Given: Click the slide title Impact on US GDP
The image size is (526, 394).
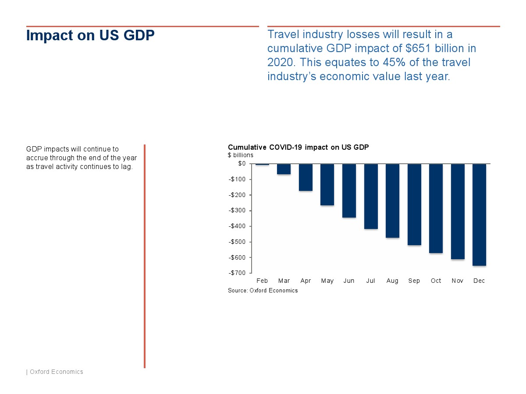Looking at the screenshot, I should [90, 35].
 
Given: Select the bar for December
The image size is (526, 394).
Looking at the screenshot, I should [479, 215].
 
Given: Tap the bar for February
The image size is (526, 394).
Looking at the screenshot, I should [262, 165].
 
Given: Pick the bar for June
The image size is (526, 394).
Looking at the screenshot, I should [349, 190].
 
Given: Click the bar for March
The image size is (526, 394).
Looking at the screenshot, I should [284, 169].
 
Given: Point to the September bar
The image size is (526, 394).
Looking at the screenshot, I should [414, 204].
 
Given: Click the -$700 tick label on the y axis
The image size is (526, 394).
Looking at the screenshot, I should [237, 273].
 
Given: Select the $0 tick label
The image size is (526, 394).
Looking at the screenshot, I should [242, 164].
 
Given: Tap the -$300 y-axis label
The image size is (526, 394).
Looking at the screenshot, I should [237, 211].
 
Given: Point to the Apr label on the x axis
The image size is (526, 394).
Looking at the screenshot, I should [306, 281].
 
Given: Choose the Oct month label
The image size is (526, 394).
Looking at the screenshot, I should [436, 281].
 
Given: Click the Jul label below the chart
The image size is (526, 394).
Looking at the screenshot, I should [371, 281].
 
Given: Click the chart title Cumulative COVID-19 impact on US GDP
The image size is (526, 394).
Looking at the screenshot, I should [298, 148].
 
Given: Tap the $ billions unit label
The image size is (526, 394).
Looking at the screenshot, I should [240, 155].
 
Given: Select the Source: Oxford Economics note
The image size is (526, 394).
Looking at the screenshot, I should [263, 291].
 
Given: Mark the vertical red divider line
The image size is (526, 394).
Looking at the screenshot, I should [145, 256].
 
